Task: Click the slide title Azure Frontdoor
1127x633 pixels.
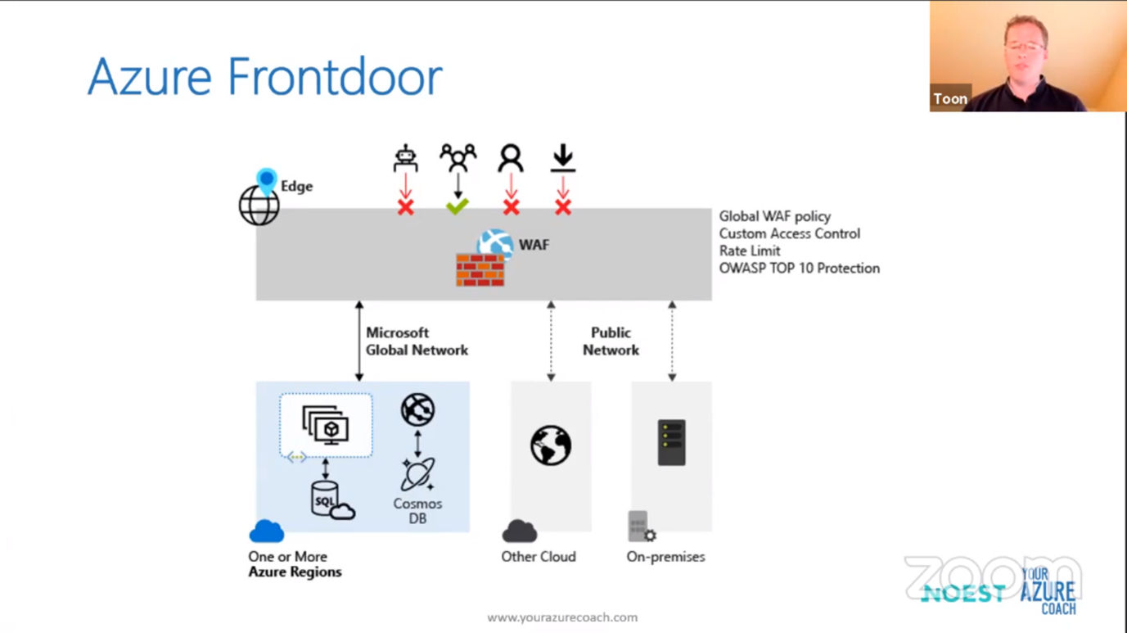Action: tap(264, 77)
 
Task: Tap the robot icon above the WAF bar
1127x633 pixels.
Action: tap(405, 158)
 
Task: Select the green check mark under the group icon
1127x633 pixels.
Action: tap(458, 206)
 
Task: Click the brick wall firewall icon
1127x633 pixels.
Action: tap(480, 269)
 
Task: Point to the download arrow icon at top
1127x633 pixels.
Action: tap(562, 158)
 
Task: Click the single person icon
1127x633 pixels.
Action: tap(511, 158)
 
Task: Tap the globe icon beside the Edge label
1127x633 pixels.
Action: tap(259, 205)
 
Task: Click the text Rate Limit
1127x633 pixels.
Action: tap(750, 251)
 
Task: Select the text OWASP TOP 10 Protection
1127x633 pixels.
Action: tap(799, 268)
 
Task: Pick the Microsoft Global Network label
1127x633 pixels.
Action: tap(417, 341)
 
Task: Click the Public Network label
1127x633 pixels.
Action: tap(611, 341)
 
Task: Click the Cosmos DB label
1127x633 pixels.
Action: tap(417, 511)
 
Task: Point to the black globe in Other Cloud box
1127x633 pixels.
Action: tap(551, 445)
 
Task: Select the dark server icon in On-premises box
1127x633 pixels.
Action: tap(671, 443)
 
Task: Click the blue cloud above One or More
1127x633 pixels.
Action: tap(267, 531)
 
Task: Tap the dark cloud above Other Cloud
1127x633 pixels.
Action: tap(520, 531)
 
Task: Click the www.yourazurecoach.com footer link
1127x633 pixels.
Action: tap(562, 617)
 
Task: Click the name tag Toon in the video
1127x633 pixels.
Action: tap(950, 98)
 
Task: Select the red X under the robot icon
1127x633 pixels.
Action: tap(405, 207)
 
